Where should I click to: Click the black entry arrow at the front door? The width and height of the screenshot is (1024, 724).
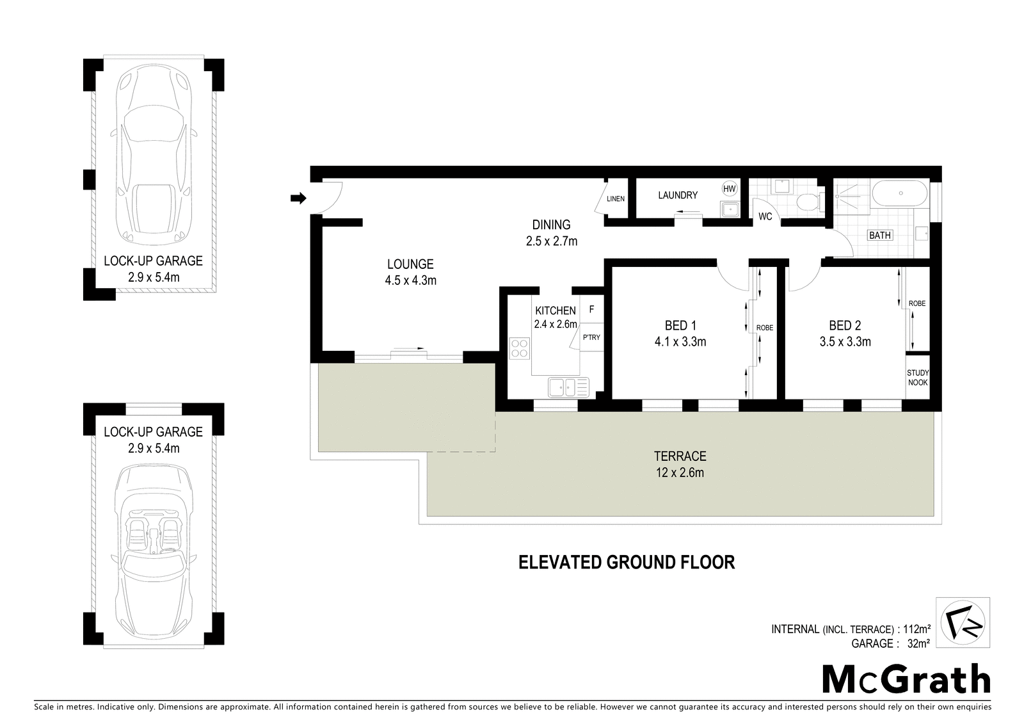298,198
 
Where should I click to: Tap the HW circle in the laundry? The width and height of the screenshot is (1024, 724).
729,188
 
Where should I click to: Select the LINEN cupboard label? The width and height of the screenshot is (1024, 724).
615,198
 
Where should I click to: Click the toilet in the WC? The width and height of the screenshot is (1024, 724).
809,202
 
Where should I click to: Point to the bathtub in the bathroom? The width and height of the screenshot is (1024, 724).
900,193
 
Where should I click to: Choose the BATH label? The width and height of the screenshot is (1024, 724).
880,236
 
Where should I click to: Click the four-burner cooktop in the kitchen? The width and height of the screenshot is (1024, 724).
520,348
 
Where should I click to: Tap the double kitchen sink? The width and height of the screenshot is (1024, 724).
569,387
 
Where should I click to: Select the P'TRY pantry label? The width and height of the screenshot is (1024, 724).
591,337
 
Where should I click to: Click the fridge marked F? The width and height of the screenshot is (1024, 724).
591,310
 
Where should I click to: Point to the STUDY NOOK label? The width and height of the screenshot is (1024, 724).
918,378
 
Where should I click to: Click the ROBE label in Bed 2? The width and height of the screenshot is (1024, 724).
917,303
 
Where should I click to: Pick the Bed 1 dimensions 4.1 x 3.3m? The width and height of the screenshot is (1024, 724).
680,342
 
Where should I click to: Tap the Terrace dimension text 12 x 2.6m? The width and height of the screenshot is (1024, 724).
680,472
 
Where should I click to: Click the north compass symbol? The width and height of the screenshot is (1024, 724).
963,622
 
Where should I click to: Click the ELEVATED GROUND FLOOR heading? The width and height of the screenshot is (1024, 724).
627,562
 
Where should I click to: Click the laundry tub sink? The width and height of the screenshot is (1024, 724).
730,209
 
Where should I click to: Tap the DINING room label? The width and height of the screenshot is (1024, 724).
551,225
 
